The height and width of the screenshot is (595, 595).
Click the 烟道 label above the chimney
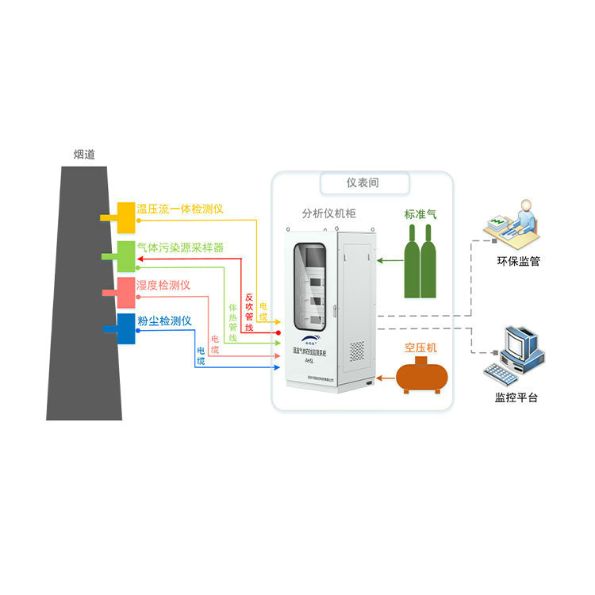click(83, 155)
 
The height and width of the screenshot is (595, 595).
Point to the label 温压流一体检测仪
click(180, 209)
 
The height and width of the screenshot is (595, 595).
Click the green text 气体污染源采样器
click(180, 248)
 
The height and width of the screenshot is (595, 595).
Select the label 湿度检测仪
click(163, 285)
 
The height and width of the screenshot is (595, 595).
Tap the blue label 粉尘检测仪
click(165, 321)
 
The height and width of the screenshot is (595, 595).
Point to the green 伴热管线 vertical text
click(233, 322)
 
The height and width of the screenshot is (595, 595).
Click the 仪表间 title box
click(363, 183)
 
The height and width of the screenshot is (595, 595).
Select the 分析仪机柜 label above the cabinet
click(328, 213)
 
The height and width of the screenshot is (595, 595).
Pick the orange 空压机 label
click(420, 347)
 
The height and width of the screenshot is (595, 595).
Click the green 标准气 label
click(420, 214)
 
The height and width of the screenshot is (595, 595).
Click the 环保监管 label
click(518, 260)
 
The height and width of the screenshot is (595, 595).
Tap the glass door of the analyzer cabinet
click(310, 286)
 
